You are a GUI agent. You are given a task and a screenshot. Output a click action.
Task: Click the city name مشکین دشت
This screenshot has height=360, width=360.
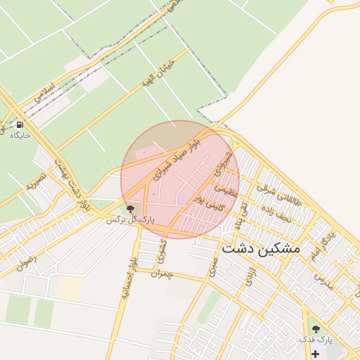(260, 249)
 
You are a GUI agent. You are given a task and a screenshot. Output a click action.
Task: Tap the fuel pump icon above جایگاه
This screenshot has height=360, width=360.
(18, 125)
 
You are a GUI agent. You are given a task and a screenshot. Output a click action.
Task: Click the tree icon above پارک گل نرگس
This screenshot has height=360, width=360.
(129, 209)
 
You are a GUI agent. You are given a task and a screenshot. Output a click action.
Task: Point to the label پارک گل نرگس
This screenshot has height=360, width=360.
(129, 220)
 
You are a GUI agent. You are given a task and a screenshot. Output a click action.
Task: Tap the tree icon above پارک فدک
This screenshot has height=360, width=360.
(315, 328)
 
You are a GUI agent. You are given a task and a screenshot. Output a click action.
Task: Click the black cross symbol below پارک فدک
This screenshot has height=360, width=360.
(315, 354)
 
